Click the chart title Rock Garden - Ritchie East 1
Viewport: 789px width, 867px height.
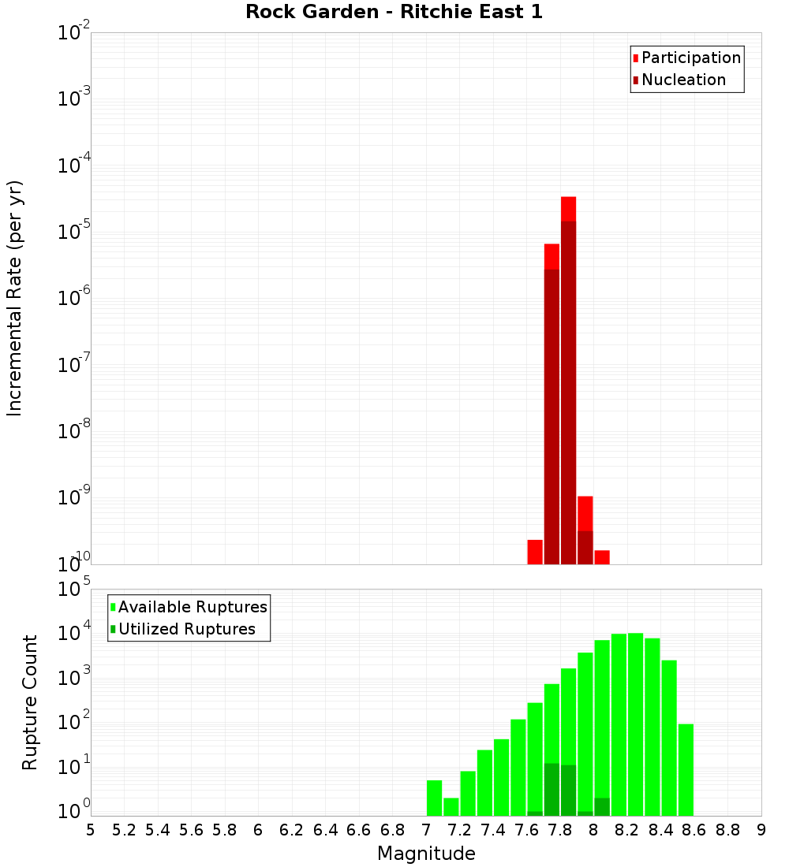(394, 12)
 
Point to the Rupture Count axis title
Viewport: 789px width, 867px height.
(30, 702)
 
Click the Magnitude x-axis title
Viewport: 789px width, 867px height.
(426, 854)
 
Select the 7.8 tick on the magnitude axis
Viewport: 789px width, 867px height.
(560, 829)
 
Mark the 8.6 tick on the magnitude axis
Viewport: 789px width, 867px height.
(694, 829)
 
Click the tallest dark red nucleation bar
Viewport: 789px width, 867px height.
(568, 394)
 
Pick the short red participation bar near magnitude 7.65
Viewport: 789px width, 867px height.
(535, 552)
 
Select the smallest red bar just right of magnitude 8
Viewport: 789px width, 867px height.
(602, 557)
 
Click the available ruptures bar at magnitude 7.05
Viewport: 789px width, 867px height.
(434, 798)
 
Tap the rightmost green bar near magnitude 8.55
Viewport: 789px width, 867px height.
(686, 769)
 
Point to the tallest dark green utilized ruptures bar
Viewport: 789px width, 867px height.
(552, 788)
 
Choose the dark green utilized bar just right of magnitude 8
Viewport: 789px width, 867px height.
(602, 806)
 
